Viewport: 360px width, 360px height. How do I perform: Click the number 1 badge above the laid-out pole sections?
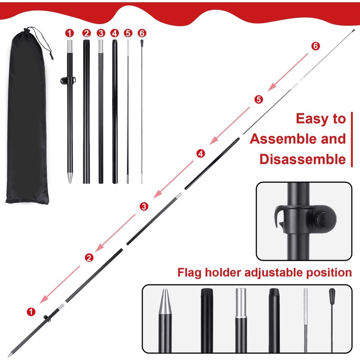(69, 33)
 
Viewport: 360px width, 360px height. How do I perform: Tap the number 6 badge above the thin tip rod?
(142, 33)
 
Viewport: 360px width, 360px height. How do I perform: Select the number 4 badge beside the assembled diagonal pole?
(201, 153)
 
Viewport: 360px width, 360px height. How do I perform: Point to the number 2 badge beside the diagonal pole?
(89, 257)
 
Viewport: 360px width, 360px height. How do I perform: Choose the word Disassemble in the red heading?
(302, 159)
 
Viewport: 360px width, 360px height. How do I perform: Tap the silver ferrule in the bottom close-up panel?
(242, 304)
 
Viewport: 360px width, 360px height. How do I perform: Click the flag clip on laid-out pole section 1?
(65, 81)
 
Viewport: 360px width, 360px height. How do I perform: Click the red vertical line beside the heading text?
(351, 139)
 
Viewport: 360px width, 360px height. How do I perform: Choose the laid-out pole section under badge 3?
(100, 112)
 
